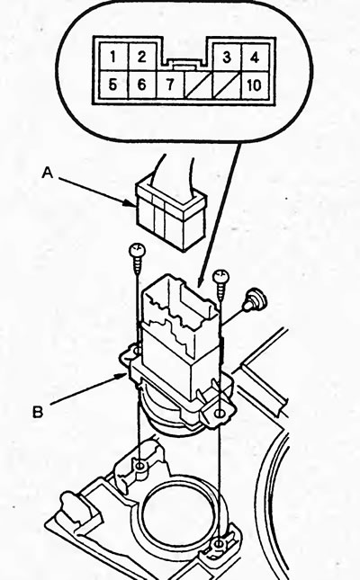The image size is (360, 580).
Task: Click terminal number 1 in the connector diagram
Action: (x=112, y=57)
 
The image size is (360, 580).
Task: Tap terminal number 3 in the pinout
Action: (x=227, y=58)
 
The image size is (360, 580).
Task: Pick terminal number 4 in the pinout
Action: (x=255, y=58)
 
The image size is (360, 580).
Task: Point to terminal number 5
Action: (x=112, y=85)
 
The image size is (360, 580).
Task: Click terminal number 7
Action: (x=170, y=85)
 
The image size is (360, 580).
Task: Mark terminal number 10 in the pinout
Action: (x=255, y=85)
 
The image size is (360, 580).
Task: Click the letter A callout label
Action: (x=48, y=173)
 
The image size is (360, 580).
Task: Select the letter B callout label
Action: (x=38, y=411)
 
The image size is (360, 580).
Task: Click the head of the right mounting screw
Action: (x=221, y=277)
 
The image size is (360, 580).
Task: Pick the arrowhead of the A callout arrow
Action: (x=131, y=202)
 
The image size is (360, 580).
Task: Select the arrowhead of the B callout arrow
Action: (x=124, y=376)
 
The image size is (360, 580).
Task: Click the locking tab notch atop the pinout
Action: (x=184, y=65)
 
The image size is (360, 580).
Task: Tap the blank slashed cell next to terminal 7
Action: (x=199, y=85)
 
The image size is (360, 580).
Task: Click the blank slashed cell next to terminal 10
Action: (x=227, y=85)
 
